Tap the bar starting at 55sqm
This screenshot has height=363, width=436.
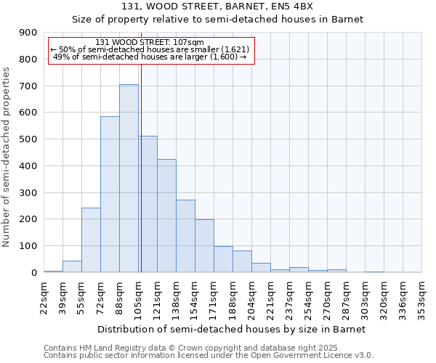click(91, 240)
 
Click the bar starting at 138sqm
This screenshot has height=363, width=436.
click(185, 236)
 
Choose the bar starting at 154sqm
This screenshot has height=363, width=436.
click(204, 246)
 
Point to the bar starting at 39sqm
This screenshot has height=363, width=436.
click(72, 266)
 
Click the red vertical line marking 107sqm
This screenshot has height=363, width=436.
click(141, 181)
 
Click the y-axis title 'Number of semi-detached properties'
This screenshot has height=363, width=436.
click(7, 157)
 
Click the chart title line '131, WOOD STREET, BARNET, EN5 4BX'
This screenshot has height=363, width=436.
click(217, 7)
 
